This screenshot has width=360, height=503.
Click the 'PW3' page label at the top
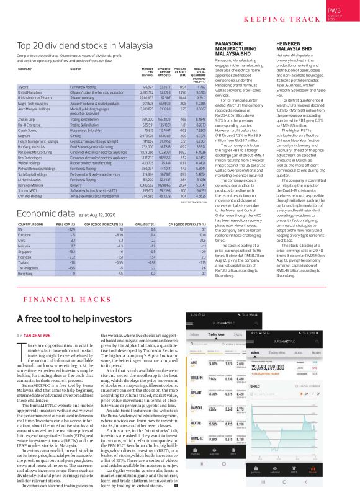(x=335, y=11)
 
